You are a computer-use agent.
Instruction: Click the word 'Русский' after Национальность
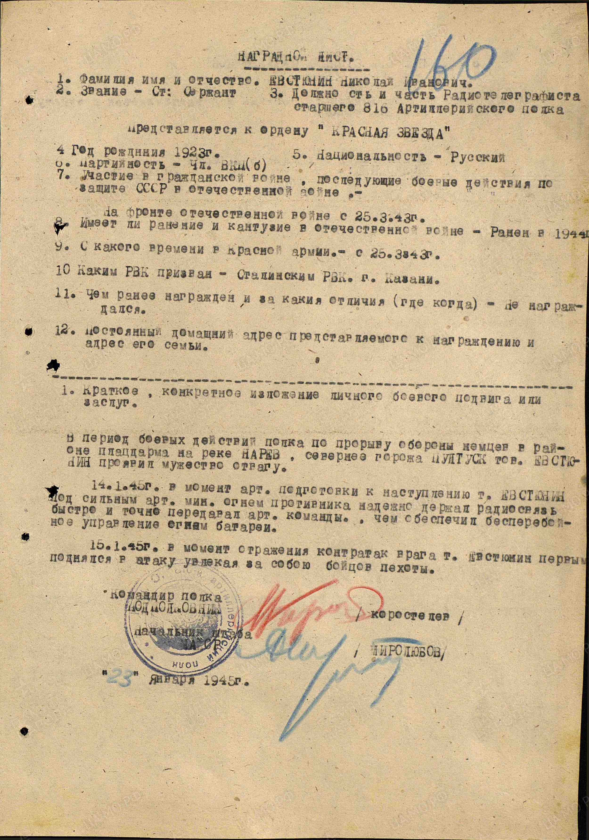477,157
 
